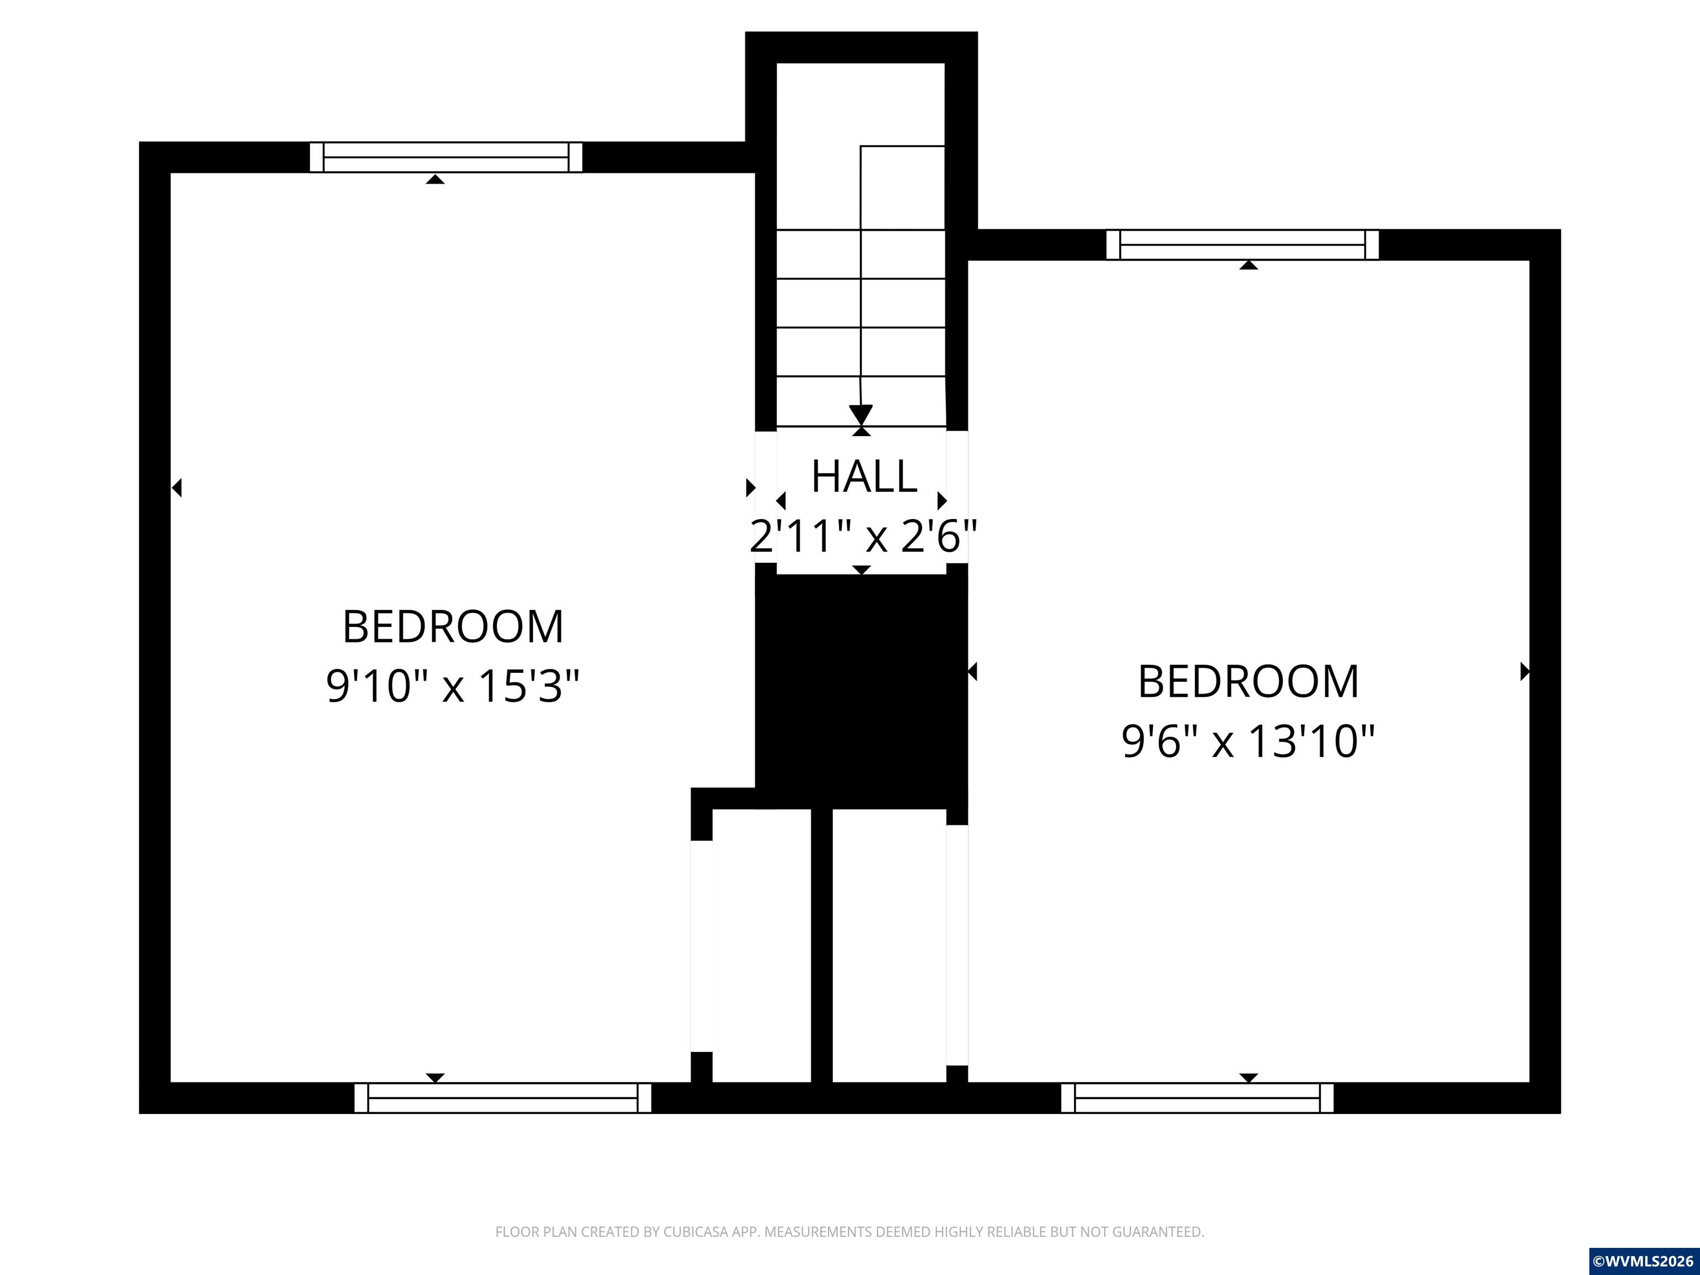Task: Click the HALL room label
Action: (864, 476)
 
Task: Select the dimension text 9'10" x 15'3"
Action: (453, 686)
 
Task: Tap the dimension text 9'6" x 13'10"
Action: (1248, 742)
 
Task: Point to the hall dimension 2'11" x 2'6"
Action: (863, 536)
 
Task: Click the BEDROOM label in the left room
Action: (453, 626)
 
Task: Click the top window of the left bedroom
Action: (445, 158)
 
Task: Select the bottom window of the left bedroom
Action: (502, 1097)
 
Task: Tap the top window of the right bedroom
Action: (1242, 245)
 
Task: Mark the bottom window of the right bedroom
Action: (1198, 1097)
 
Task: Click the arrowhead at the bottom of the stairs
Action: (861, 415)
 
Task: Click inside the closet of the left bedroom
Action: (761, 945)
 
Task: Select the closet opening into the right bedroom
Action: (889, 945)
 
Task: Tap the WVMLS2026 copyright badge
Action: (1644, 1261)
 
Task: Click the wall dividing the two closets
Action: (822, 945)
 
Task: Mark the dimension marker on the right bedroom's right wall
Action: (1525, 672)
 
